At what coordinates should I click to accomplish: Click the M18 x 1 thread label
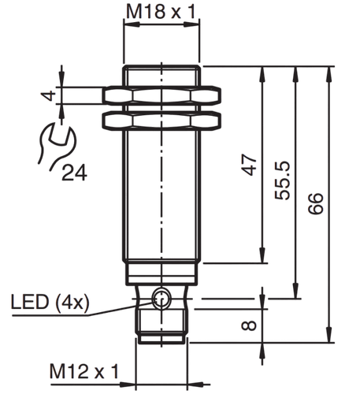(161, 12)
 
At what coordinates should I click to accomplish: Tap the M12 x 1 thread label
(84, 371)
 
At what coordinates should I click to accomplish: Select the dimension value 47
(249, 165)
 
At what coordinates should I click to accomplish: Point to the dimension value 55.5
(282, 180)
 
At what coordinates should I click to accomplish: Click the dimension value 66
(316, 204)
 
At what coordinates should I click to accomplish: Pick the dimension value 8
(249, 325)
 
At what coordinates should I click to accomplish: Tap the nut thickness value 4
(48, 95)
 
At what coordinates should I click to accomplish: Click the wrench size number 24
(74, 173)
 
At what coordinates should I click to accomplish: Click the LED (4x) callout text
(50, 303)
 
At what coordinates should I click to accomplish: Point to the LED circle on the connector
(161, 299)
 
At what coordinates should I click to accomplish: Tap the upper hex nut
(161, 95)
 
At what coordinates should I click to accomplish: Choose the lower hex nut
(161, 121)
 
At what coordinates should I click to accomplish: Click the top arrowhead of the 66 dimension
(328, 72)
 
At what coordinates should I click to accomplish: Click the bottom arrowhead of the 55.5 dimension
(295, 292)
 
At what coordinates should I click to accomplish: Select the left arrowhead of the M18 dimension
(131, 24)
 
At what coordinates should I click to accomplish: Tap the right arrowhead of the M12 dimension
(195, 385)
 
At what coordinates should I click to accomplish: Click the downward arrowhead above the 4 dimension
(61, 80)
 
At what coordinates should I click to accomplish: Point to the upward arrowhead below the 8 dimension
(262, 349)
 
